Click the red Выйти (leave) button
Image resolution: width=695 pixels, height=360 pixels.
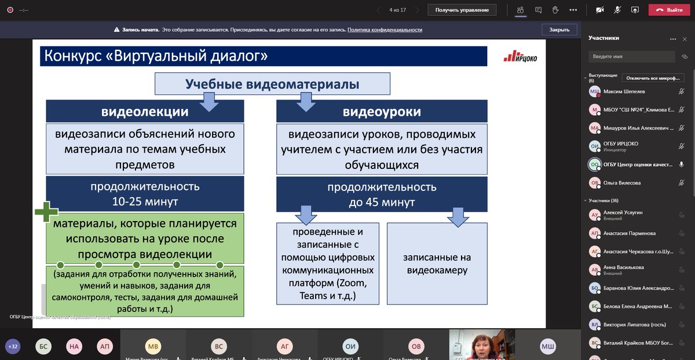click(x=670, y=10)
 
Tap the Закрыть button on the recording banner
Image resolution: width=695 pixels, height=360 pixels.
click(x=559, y=30)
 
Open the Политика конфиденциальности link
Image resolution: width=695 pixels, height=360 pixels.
click(x=385, y=30)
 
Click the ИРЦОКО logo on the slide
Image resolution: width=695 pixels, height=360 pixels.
click(x=520, y=56)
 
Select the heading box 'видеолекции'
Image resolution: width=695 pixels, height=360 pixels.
click(x=145, y=111)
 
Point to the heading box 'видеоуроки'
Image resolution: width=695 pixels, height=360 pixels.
click(x=382, y=111)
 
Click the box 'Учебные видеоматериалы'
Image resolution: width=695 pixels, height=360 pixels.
click(x=272, y=84)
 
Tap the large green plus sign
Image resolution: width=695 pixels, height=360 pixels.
click(x=46, y=212)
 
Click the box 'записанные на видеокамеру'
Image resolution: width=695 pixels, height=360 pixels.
click(x=437, y=263)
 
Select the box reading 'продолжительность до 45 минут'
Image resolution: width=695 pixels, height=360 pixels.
click(x=382, y=194)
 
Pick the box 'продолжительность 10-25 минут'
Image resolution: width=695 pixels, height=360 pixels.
click(x=145, y=194)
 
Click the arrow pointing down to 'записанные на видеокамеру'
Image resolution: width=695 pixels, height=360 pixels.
click(x=458, y=216)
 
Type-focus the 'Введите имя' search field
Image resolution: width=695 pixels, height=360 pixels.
click(x=631, y=57)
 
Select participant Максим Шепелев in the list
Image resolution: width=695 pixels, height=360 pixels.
click(x=624, y=91)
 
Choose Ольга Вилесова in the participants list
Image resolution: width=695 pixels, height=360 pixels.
click(x=621, y=183)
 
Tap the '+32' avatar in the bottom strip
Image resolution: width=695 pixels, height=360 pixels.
click(x=13, y=347)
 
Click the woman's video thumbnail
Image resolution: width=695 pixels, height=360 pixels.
click(x=482, y=345)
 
